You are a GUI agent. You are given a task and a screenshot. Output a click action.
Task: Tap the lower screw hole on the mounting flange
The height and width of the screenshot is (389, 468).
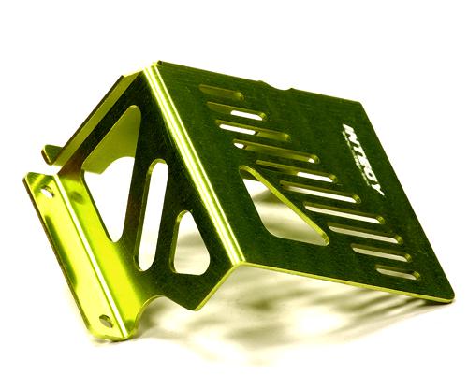pyautogui.click(x=105, y=320)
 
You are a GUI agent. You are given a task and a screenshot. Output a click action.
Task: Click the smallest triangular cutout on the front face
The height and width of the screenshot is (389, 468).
pyautogui.click(x=191, y=245)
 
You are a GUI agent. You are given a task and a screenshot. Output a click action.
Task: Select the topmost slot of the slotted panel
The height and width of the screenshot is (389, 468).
pyautogui.click(x=221, y=94)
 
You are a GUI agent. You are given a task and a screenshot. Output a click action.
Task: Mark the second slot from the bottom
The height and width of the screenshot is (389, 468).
pyautogui.click(x=380, y=252)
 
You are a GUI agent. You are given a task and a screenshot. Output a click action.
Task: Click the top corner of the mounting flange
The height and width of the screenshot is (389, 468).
pyautogui.click(x=28, y=176)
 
